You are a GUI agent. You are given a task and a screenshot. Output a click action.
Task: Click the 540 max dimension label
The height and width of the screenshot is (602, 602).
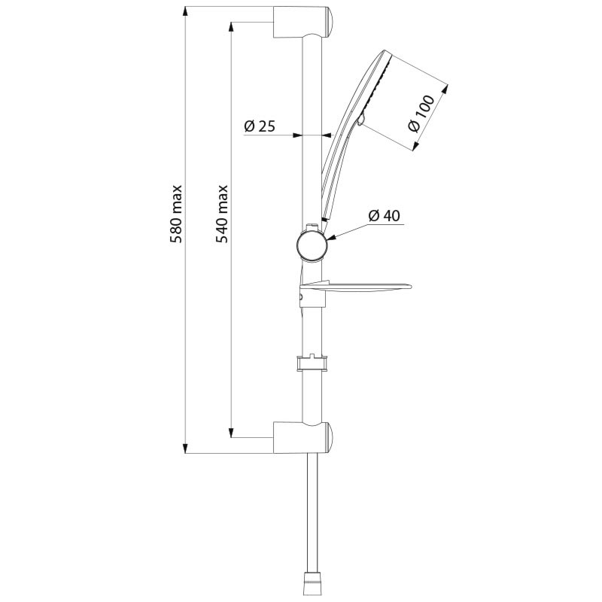[x=222, y=214]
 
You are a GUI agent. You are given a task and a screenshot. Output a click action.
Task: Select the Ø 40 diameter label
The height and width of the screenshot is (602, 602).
[x=384, y=216]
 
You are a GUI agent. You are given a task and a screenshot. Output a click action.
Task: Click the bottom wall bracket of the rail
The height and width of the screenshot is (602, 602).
[x=303, y=436]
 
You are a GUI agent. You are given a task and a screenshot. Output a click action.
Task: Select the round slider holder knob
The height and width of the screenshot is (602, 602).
[x=312, y=245]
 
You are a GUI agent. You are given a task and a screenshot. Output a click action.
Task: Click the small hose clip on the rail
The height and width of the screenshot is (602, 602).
[x=312, y=363]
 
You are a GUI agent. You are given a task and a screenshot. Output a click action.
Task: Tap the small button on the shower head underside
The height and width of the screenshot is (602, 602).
[x=360, y=120]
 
